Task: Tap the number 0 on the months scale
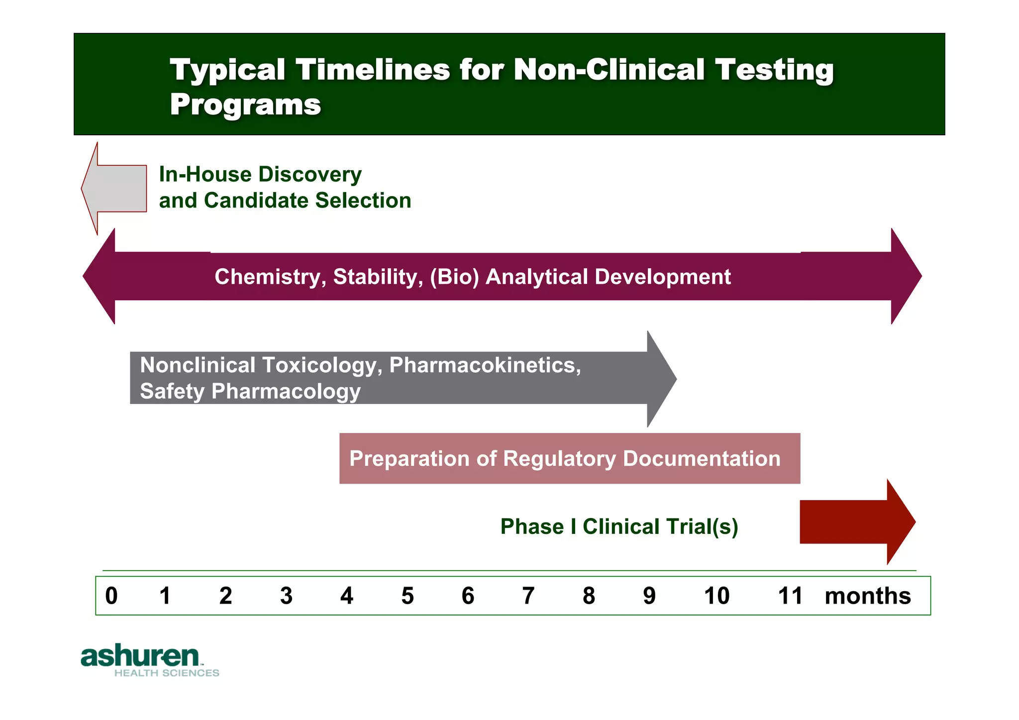[111, 596]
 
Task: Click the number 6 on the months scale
[468, 596]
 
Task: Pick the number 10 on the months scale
[716, 596]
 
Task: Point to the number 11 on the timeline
[790, 596]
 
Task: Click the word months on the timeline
[867, 596]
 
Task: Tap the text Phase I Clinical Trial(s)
[619, 526]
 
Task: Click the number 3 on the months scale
[286, 596]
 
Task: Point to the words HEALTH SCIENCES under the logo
[167, 673]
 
